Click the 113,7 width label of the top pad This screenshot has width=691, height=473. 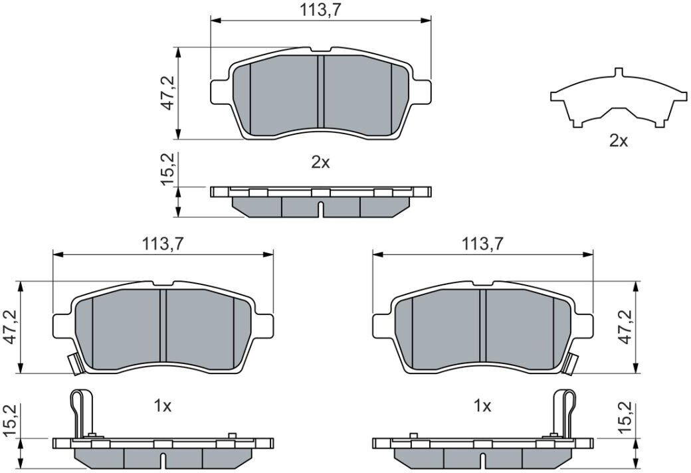(320, 10)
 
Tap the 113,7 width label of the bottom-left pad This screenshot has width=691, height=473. (162, 244)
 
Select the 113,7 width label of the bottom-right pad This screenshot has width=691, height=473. (482, 244)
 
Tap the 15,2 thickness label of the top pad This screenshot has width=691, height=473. (168, 169)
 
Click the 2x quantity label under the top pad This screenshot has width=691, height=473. (320, 163)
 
